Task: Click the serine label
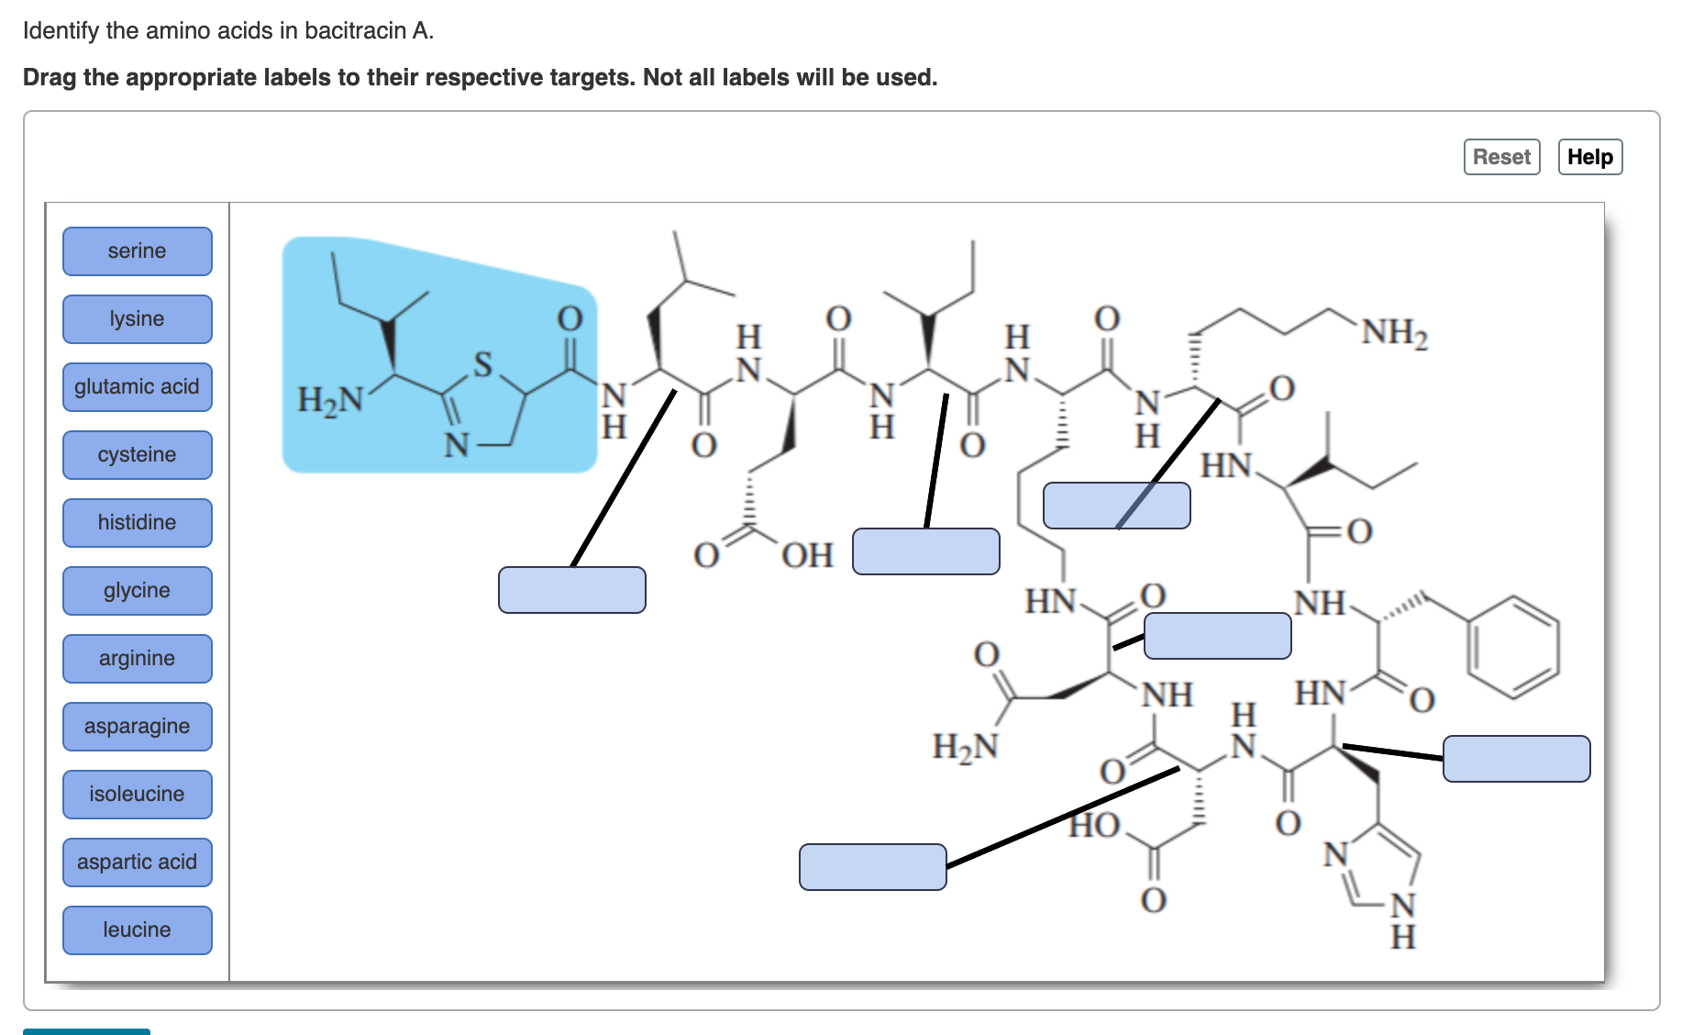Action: click(x=138, y=251)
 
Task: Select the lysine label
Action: click(x=138, y=319)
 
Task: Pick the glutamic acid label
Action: click(x=138, y=387)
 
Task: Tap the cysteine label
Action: click(x=138, y=455)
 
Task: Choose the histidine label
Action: click(x=138, y=523)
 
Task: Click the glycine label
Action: click(x=138, y=591)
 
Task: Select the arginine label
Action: click(x=138, y=659)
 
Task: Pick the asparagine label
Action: click(x=138, y=727)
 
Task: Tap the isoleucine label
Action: click(x=138, y=795)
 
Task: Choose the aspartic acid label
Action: click(x=138, y=862)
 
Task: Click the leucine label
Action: click(x=138, y=930)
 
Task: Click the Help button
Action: click(x=1589, y=157)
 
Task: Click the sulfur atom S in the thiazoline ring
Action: click(x=482, y=364)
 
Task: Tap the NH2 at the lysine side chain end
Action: click(x=1394, y=332)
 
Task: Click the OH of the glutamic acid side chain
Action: click(x=807, y=556)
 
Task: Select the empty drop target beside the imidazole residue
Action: click(x=1516, y=759)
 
